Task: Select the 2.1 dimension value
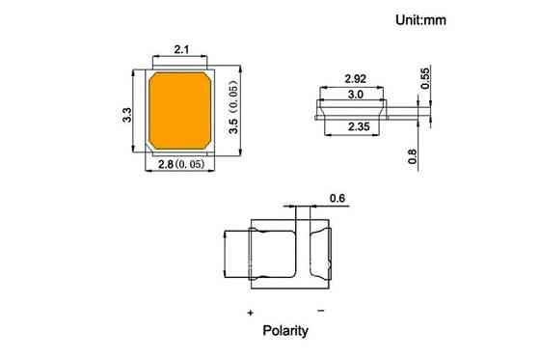(180, 49)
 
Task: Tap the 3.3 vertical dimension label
(126, 115)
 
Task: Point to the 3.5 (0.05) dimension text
(231, 110)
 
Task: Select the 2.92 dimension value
(355, 78)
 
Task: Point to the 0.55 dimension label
(426, 79)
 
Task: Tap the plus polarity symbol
(250, 313)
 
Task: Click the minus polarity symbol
(320, 310)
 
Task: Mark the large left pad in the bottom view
(272, 254)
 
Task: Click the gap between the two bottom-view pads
(303, 254)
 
